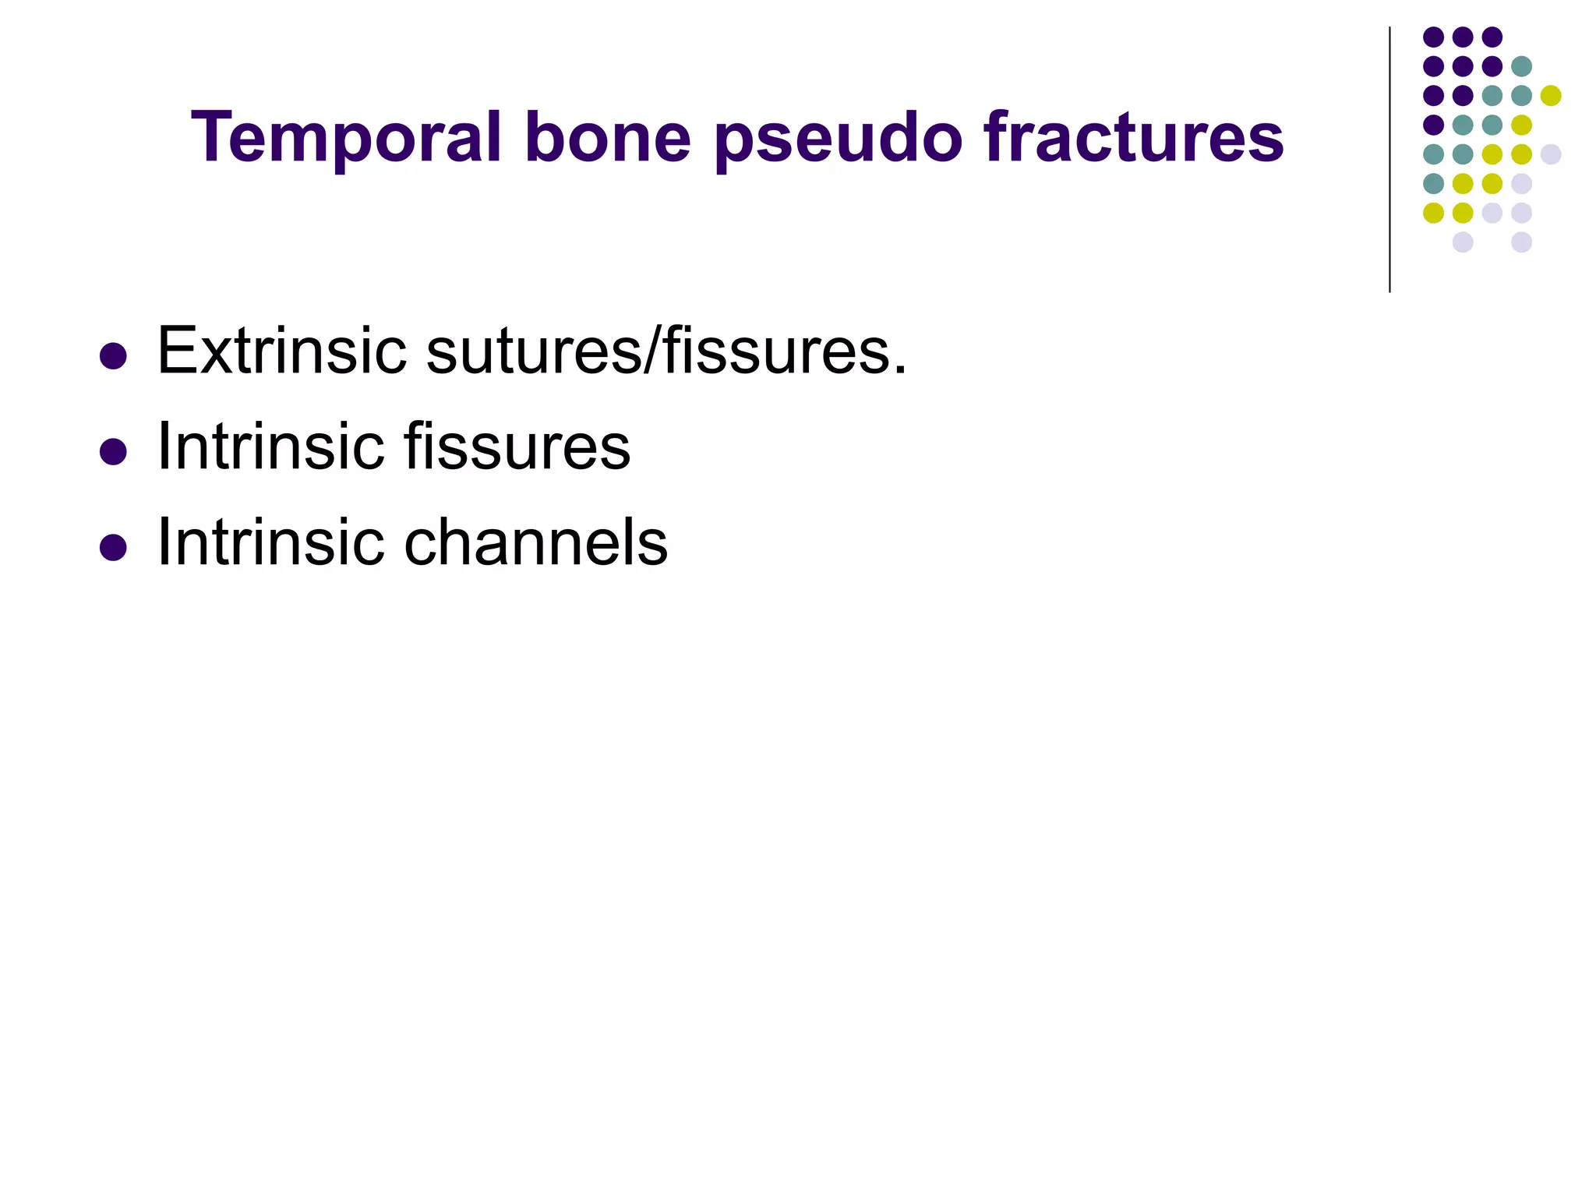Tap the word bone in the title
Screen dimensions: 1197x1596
(x=608, y=137)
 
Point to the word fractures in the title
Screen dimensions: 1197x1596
(x=1134, y=137)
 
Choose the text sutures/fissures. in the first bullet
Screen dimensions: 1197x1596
(x=666, y=351)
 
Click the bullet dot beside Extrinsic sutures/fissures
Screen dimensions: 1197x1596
(x=114, y=356)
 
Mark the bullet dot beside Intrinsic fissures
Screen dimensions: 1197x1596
(x=114, y=452)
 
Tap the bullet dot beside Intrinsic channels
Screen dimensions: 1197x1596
(x=114, y=548)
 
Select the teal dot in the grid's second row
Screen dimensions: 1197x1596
(x=1521, y=66)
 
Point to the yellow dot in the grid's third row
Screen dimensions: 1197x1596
(x=1551, y=96)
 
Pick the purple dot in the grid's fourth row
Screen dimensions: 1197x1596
(x=1433, y=125)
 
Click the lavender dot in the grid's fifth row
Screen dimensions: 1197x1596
(x=1551, y=154)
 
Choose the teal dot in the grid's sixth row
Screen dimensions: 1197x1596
(x=1433, y=184)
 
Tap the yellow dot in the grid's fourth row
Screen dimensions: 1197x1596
(x=1521, y=125)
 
